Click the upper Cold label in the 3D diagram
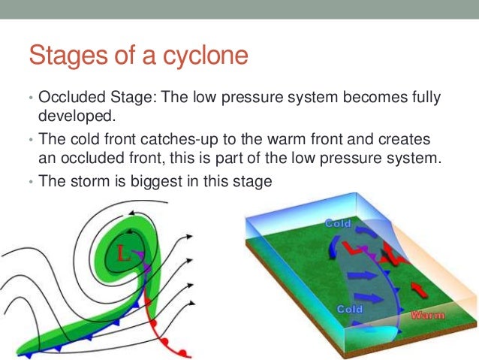pos(339,223)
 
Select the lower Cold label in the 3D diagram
pos(351,309)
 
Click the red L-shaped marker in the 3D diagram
pos(351,248)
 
